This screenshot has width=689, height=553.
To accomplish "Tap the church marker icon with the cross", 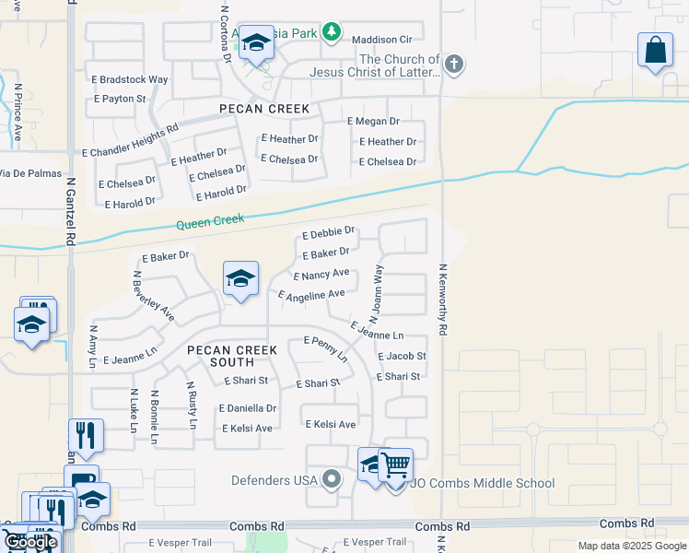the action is [x=452, y=65].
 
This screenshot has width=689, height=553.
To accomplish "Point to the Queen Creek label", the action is [x=210, y=222].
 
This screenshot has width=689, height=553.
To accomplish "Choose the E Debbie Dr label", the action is [x=328, y=231].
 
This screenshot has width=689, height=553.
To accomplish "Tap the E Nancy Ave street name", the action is [x=321, y=274].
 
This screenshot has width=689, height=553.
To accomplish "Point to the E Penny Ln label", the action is [x=327, y=347].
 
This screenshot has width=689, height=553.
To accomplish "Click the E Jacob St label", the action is [x=402, y=356].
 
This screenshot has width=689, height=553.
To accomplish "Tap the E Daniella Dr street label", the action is [x=248, y=407].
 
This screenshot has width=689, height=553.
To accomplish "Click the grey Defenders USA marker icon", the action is [x=333, y=479].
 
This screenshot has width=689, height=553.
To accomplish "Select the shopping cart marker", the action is [x=395, y=465].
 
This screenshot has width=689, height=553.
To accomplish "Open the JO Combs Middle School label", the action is [x=483, y=483].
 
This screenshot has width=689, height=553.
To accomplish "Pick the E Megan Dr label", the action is [x=373, y=121].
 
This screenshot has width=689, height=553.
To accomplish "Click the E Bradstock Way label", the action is [x=130, y=79].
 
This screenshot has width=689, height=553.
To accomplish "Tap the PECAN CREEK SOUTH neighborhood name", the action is [x=220, y=356].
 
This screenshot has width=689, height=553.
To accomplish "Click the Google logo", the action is [x=31, y=543].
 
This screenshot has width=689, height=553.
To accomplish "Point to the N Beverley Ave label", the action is [x=154, y=295].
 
